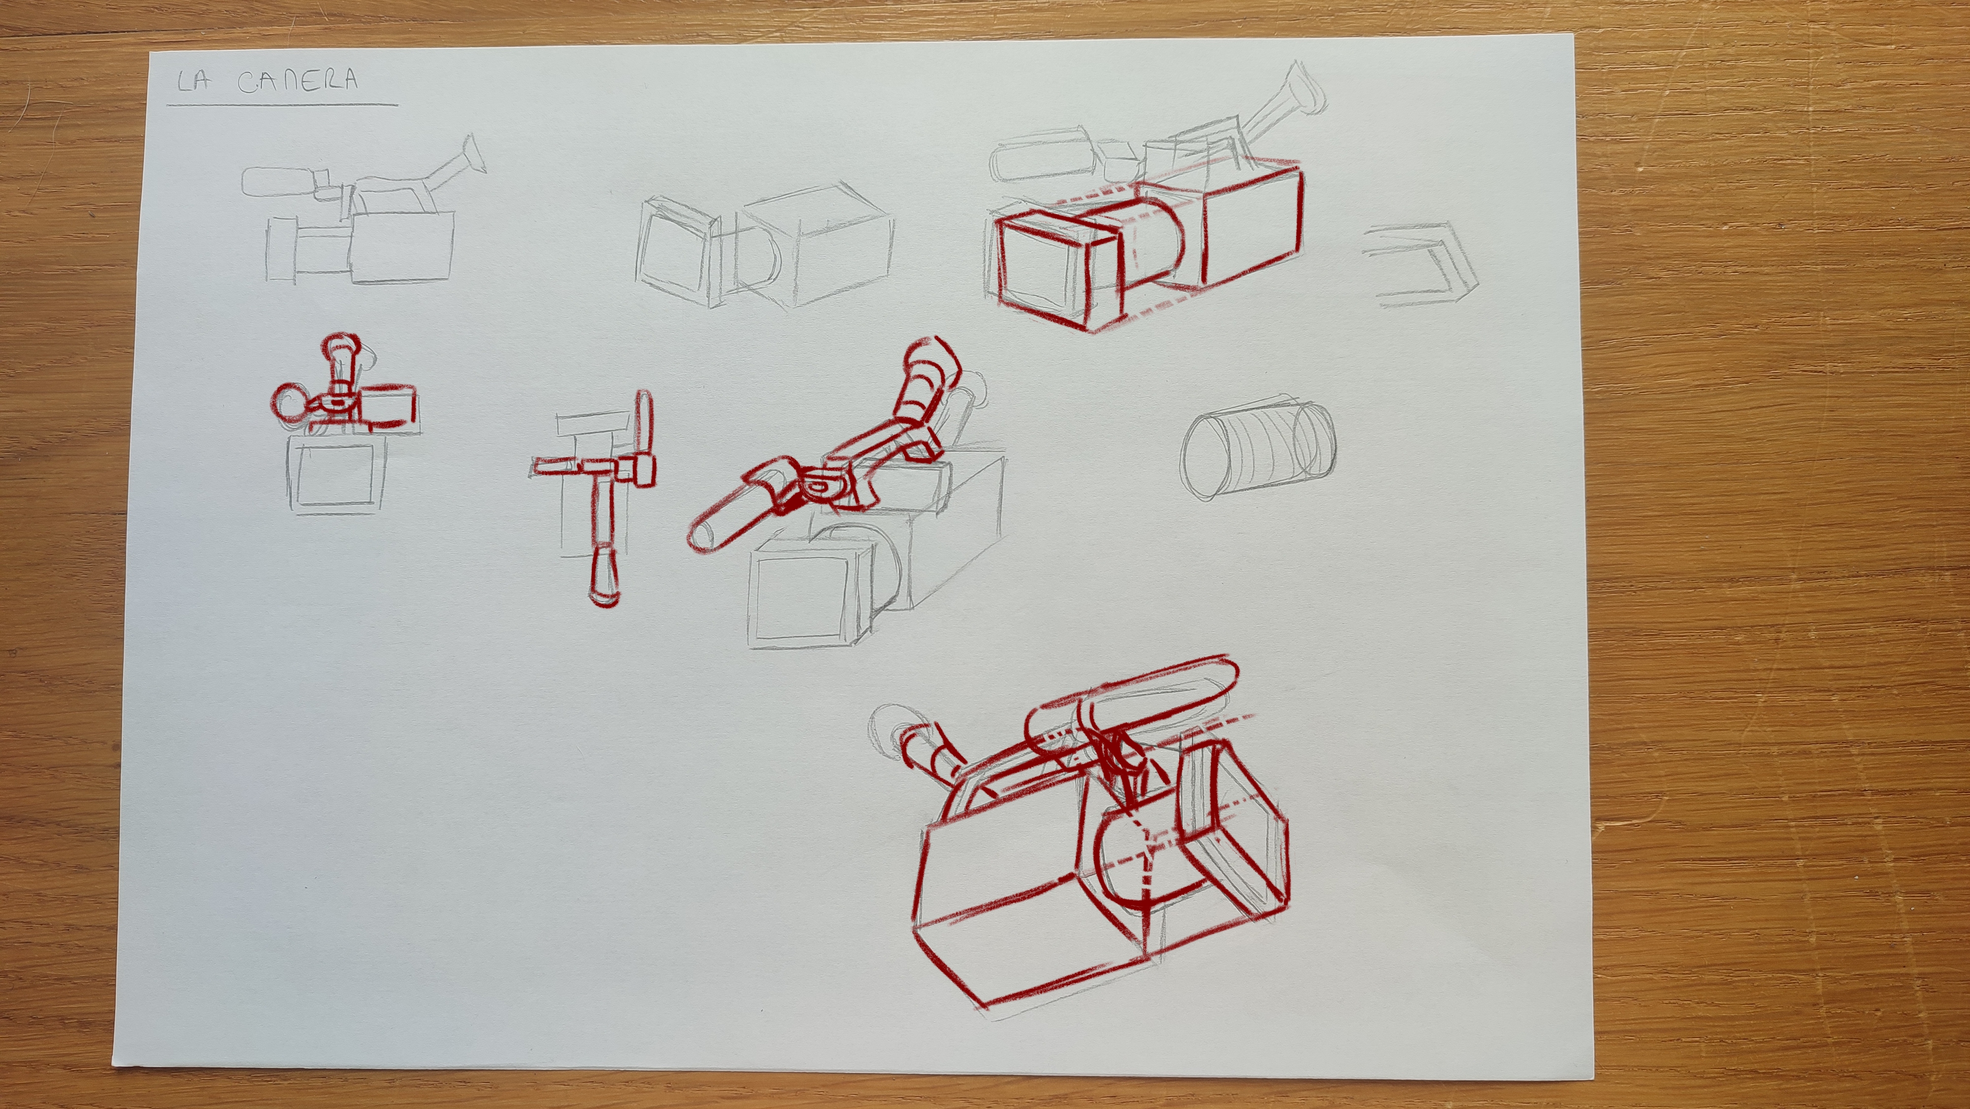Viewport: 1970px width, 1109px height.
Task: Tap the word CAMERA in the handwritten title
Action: (x=298, y=81)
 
